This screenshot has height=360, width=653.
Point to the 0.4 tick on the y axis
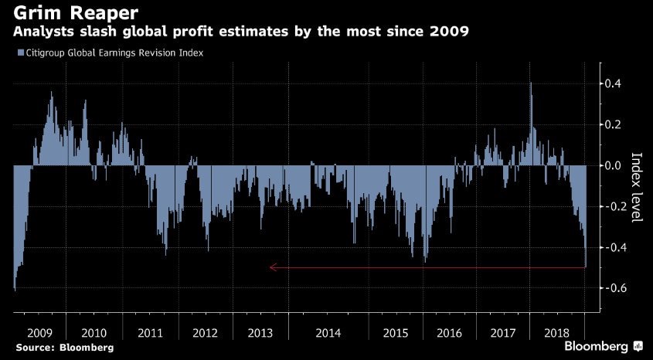coord(614,83)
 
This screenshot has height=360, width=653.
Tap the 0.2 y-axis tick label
coord(614,124)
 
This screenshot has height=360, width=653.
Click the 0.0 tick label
coord(614,165)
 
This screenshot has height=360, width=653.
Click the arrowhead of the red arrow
coord(272,268)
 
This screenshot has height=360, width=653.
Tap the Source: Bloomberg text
coord(63,348)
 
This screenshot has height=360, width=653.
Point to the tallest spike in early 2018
coord(531,83)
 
